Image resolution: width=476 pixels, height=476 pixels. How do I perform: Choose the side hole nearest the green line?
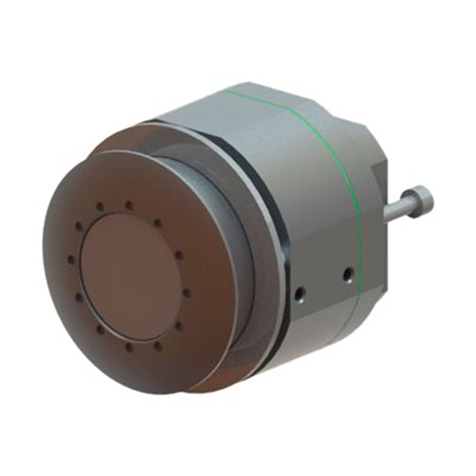pos(347,274)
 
